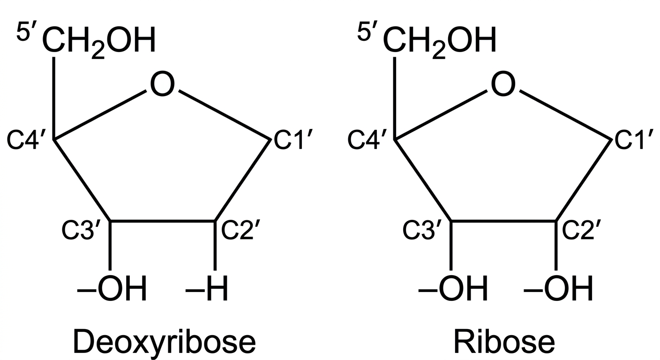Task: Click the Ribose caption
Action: tap(504, 342)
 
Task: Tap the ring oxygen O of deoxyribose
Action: tap(162, 84)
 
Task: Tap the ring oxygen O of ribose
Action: tap(503, 84)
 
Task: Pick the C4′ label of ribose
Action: tap(367, 140)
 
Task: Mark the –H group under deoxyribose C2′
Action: tap(207, 289)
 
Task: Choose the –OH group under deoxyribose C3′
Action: tap(112, 289)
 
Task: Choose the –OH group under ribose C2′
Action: tap(558, 289)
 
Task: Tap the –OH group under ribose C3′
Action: tap(453, 289)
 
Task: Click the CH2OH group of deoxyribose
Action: tap(99, 41)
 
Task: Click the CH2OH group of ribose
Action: tap(440, 41)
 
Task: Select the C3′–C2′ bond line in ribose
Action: tap(503, 220)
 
